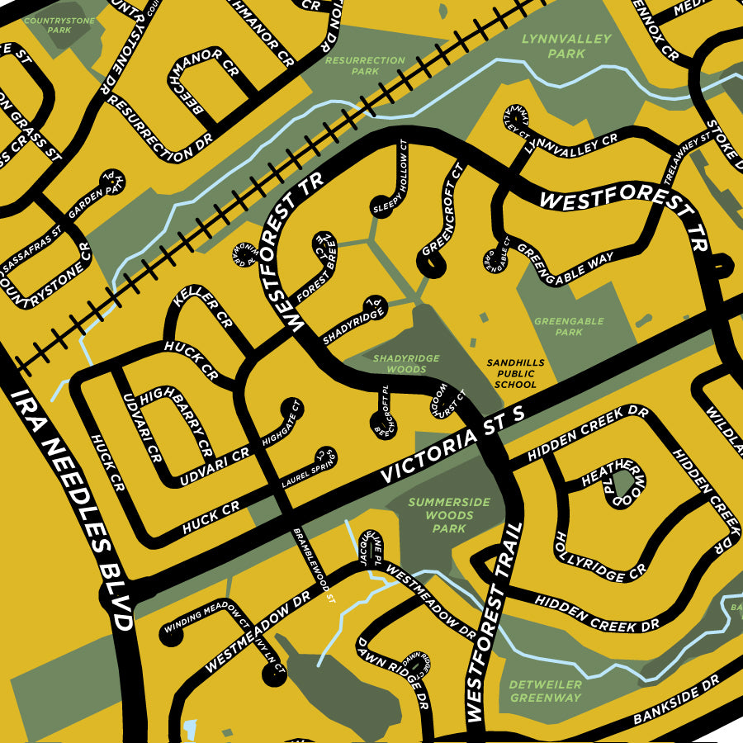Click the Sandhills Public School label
(511, 373)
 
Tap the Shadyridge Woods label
(406, 364)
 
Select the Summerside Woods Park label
(449, 515)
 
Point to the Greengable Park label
(569, 327)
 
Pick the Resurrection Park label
(365, 66)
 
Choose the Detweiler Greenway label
(545, 691)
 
